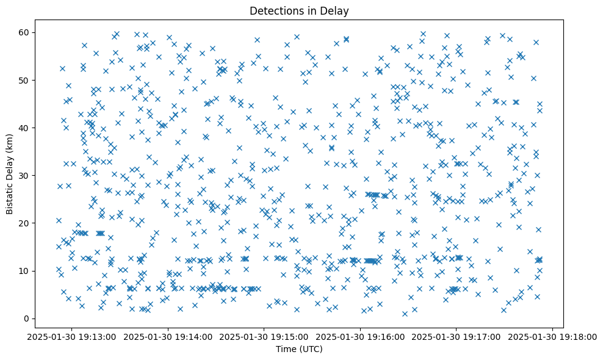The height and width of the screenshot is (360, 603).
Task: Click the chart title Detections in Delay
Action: click(x=299, y=10)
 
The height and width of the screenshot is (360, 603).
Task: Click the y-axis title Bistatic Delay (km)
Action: click(x=10, y=166)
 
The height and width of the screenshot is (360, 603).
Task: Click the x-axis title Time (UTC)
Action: click(x=299, y=349)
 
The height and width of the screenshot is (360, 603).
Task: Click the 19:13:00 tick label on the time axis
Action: click(x=72, y=336)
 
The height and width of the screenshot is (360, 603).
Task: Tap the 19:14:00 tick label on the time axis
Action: click(x=168, y=336)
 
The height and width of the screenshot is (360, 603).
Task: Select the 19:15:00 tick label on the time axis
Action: click(x=264, y=336)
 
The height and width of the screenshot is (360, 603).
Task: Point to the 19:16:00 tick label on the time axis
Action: click(x=361, y=336)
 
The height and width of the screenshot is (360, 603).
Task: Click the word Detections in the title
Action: click(x=275, y=10)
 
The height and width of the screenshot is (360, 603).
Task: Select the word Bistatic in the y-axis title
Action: click(x=10, y=196)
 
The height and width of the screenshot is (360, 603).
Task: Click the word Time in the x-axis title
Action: click(x=286, y=349)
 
